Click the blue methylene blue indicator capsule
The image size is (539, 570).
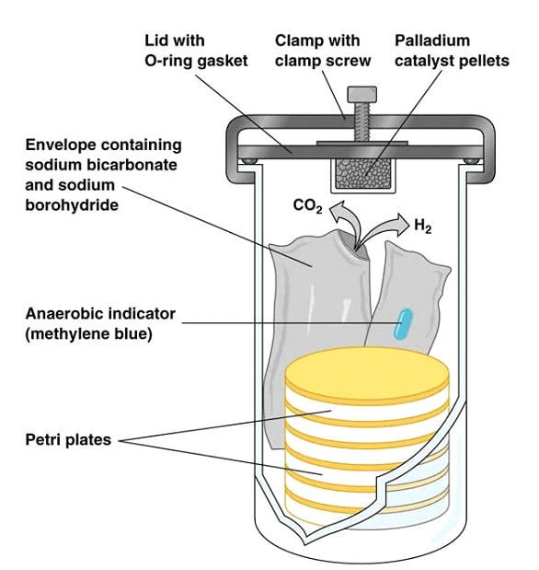[403, 324]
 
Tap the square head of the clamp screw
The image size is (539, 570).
[362, 94]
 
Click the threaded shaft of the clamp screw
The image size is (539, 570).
[362, 122]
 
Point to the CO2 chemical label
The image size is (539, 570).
[307, 206]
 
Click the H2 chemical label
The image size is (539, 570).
[423, 226]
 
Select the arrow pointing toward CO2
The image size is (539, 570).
[346, 222]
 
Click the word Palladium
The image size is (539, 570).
[432, 41]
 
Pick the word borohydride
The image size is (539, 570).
[72, 205]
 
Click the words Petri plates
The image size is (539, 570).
[68, 439]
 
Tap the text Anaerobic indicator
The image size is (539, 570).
[100, 313]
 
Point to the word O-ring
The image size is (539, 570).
[166, 61]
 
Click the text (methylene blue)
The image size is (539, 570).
[88, 333]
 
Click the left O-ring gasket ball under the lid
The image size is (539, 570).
[248, 160]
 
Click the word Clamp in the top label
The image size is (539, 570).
[297, 41]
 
